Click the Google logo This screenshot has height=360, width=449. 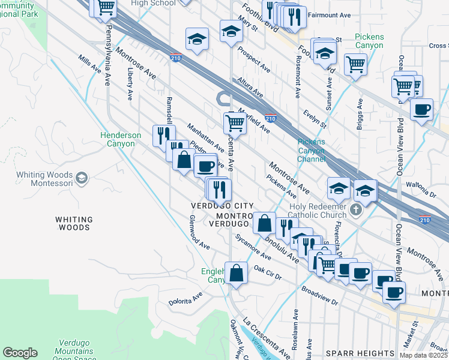20,353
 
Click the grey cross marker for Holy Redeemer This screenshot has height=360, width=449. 356,210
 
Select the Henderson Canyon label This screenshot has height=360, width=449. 121,139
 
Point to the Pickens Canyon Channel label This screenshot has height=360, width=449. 311,151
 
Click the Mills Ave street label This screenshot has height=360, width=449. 91,65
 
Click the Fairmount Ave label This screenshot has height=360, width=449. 328,14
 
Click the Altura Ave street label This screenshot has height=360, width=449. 250,87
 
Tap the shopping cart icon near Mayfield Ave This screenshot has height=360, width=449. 235,123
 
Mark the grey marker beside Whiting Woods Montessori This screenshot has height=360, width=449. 82,178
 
